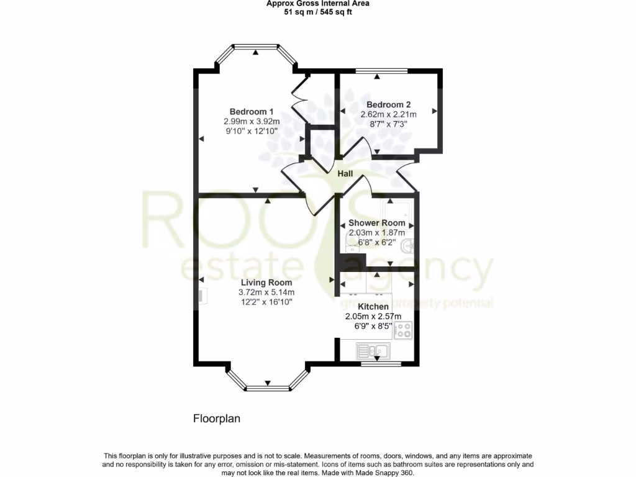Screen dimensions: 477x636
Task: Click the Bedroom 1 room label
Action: point(252,111)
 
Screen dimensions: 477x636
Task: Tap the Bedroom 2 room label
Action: point(388,105)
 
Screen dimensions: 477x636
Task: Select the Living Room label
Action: point(266,283)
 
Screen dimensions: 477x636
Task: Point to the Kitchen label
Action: point(373,307)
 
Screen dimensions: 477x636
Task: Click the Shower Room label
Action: point(377,223)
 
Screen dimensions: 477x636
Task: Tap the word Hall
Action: point(345,174)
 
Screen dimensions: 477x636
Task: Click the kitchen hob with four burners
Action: point(403,330)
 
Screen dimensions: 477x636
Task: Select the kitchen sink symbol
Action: point(373,352)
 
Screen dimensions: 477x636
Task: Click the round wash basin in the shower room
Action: point(408,246)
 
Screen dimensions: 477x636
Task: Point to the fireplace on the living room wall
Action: point(202,298)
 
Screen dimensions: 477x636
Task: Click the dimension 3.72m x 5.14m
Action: point(266,293)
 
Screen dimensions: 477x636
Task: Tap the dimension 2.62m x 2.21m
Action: point(388,114)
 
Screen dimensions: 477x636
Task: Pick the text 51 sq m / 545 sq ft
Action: point(317,12)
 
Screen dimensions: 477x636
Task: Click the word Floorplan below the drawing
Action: point(216,419)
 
